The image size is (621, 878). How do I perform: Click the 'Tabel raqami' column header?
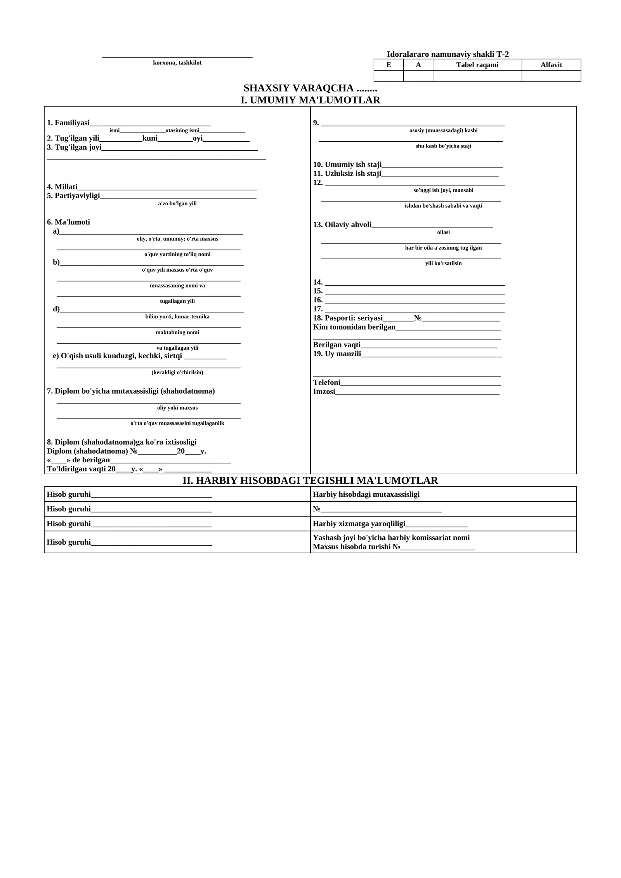click(477, 65)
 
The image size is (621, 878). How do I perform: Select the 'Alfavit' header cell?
click(551, 65)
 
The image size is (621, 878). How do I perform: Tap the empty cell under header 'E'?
click(389, 76)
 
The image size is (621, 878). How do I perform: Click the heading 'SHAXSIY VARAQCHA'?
click(298, 88)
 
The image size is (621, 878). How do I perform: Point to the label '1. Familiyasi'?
click(68, 123)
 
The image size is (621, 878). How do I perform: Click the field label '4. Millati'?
click(62, 187)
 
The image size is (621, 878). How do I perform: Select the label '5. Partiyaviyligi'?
click(73, 196)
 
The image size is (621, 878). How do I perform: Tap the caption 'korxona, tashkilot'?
click(177, 63)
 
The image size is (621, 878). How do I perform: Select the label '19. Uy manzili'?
click(337, 354)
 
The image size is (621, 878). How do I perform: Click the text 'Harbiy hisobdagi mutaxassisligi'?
click(366, 495)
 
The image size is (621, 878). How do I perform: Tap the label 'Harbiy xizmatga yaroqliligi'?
click(359, 524)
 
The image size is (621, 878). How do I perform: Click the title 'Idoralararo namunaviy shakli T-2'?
click(448, 54)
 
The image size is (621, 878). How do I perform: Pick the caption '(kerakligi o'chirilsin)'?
click(177, 373)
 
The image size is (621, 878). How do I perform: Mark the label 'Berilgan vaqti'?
click(337, 345)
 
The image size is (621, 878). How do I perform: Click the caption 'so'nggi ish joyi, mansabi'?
click(443, 191)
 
